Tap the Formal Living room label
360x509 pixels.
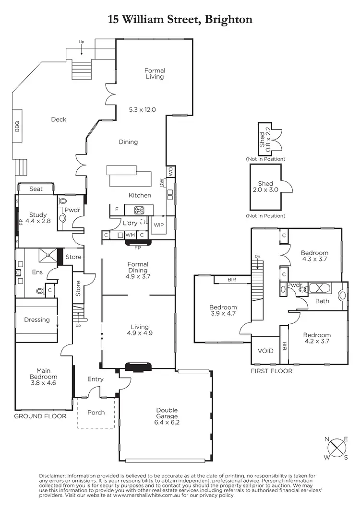(155, 73)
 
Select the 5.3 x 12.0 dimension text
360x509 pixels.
(143, 109)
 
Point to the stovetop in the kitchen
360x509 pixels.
(140, 210)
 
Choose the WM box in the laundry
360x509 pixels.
(130, 235)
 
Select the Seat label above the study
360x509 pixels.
(36, 189)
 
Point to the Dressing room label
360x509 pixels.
(36, 320)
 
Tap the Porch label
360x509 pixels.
(96, 413)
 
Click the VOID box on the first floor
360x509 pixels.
(265, 351)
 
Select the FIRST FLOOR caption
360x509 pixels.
(272, 371)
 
